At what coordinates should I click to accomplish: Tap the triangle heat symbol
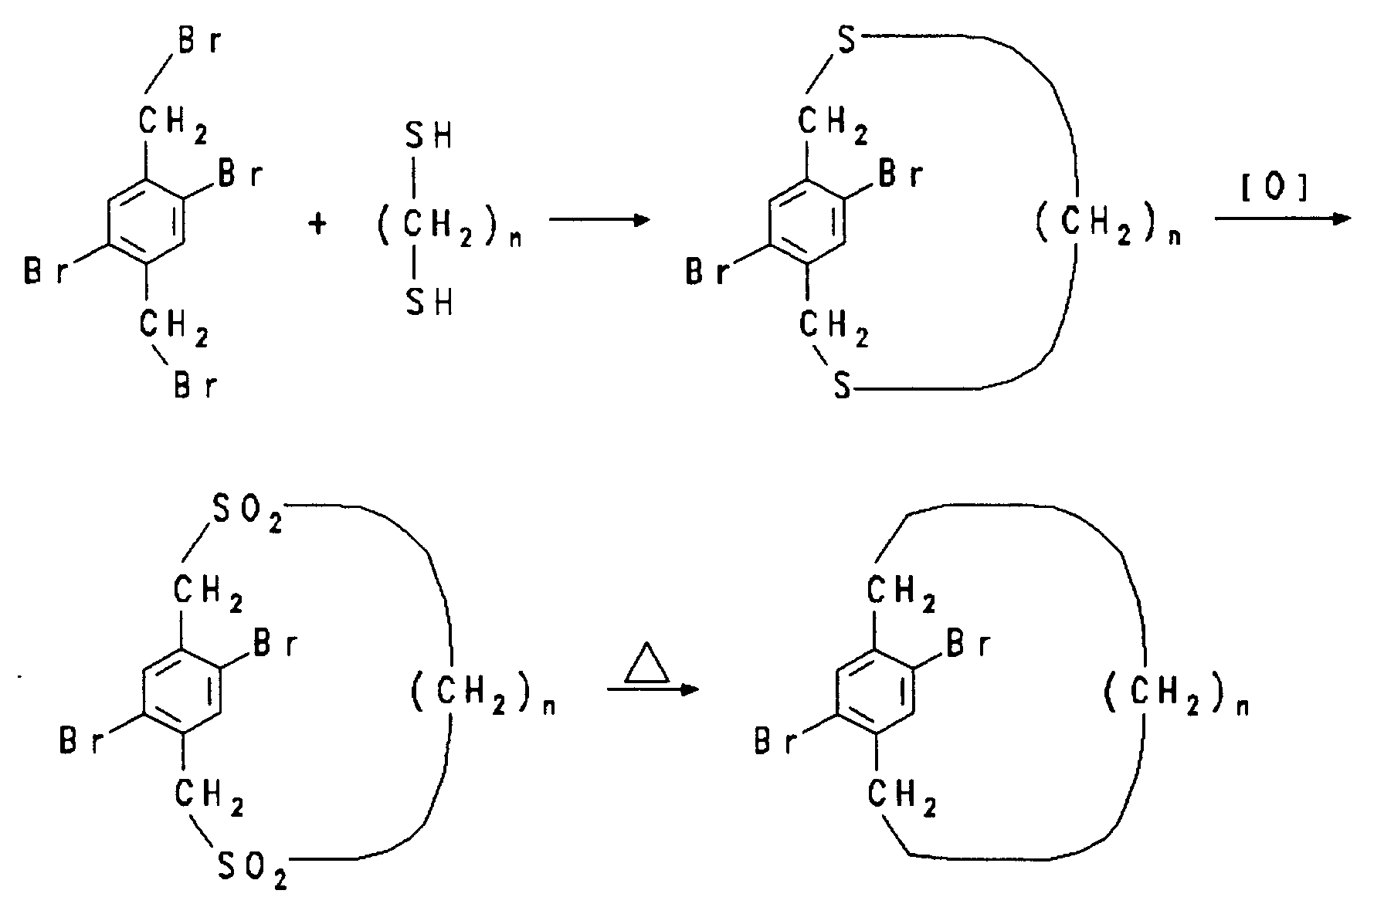point(647,663)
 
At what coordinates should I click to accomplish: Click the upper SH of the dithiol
point(429,138)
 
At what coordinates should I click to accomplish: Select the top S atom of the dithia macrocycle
point(848,42)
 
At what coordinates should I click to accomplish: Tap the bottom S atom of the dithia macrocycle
point(842,387)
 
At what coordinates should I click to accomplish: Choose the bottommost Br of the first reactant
point(194,386)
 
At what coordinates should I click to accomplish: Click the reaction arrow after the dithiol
point(599,221)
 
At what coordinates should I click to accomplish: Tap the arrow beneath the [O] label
point(1282,218)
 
